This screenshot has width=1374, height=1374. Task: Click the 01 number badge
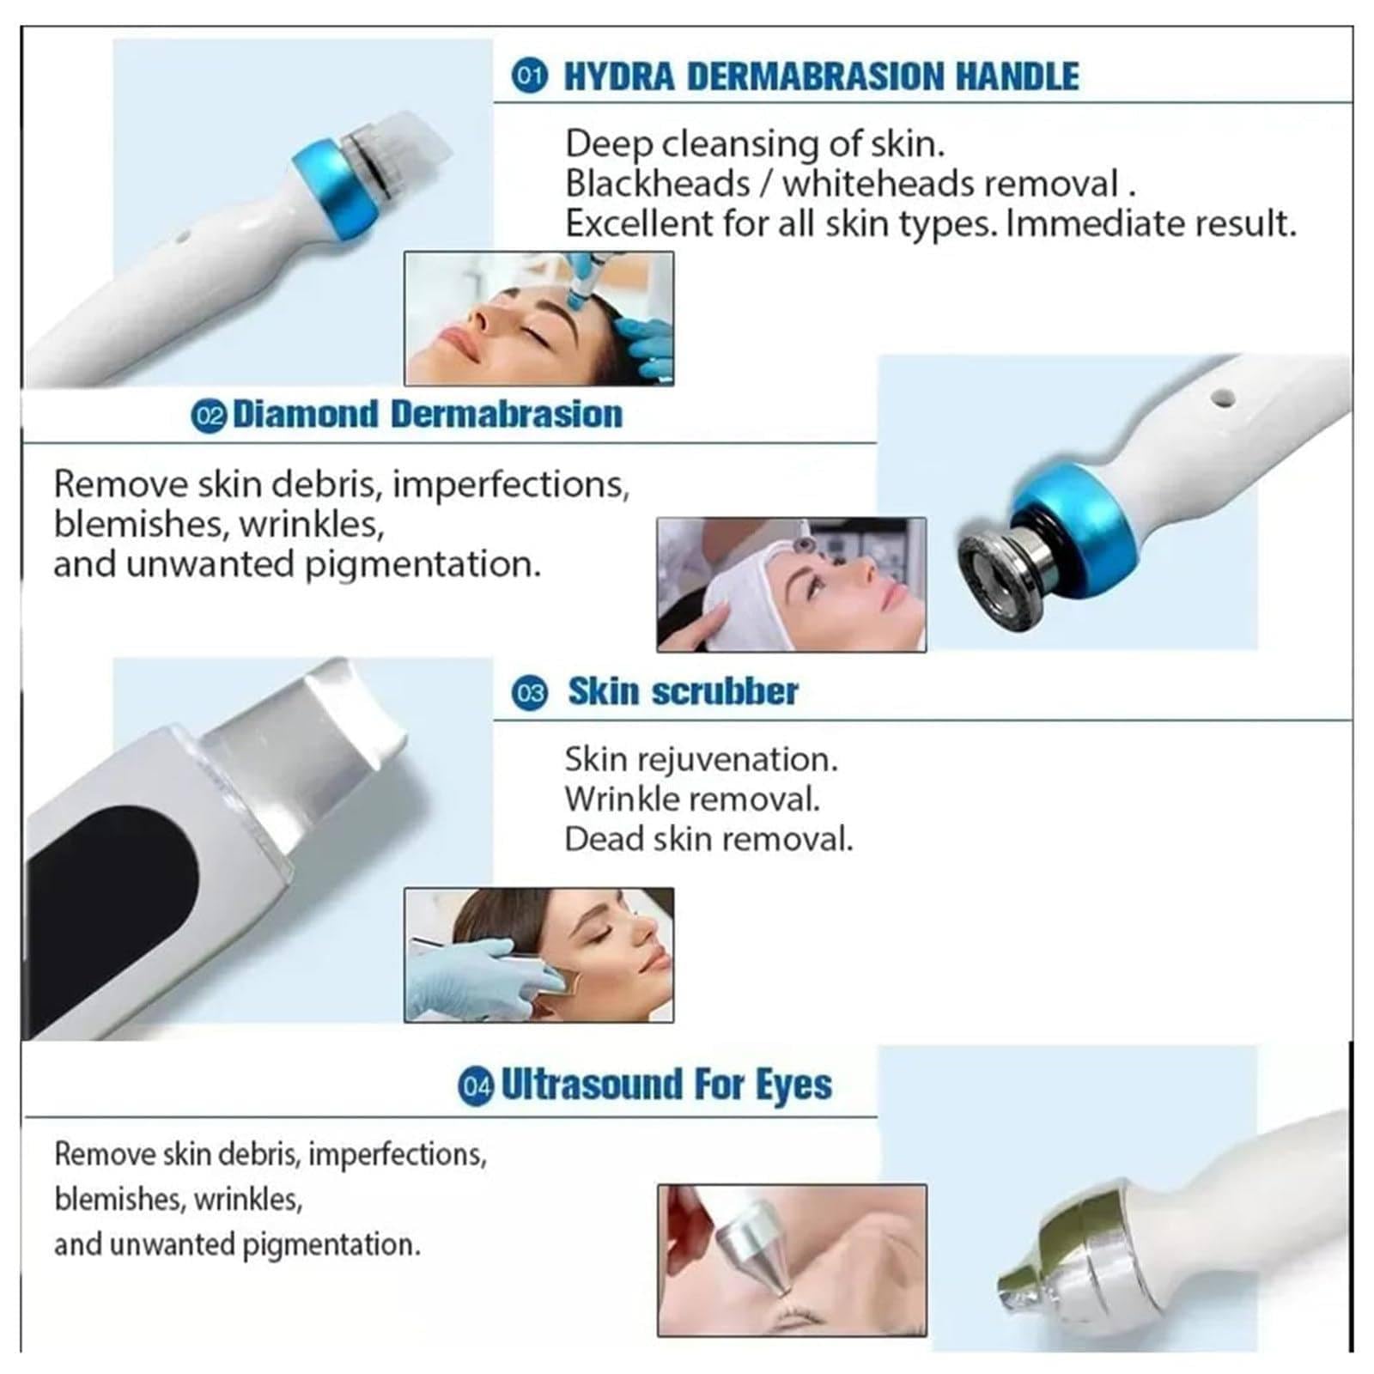coord(529,77)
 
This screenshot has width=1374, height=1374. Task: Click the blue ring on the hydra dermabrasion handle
coord(334,197)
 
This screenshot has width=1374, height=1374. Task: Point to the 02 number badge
coord(209,416)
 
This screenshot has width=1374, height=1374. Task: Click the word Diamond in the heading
coord(306,414)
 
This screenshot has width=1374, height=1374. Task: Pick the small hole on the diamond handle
coord(1221,398)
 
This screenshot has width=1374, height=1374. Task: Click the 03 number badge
coord(529,693)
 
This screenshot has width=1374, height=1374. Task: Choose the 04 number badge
coord(476,1086)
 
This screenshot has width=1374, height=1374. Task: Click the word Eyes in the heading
coord(793,1085)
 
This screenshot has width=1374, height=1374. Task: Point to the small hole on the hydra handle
coord(182,233)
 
